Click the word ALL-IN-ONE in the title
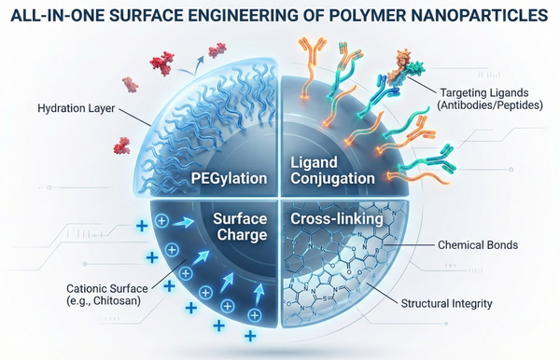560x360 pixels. point(62,17)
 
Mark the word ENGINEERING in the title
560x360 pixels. point(241,17)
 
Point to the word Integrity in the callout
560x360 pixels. point(504,304)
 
